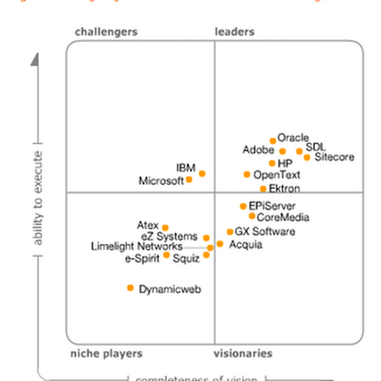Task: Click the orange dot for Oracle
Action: tap(273, 140)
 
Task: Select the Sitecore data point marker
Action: tap(307, 157)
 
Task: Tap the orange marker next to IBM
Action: tap(202, 174)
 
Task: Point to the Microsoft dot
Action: tap(189, 180)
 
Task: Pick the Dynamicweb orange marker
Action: tap(130, 288)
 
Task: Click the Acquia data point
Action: tap(220, 244)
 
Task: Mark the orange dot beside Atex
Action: tap(165, 228)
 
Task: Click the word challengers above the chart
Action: tap(106, 32)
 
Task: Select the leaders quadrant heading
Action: tap(234, 32)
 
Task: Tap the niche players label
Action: tap(106, 353)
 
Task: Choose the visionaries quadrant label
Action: tap(243, 353)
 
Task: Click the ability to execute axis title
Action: tap(38, 198)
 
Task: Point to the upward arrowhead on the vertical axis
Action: tap(35, 60)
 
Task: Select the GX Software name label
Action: tap(265, 232)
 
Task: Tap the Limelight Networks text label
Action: tap(137, 247)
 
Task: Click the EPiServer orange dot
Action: tap(243, 206)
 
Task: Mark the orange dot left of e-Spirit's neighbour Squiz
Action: tap(167, 255)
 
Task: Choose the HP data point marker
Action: tap(272, 163)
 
